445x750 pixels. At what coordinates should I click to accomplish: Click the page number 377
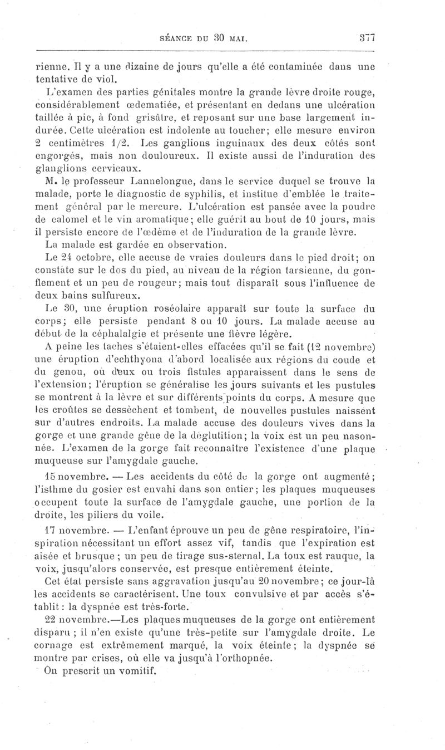(368, 38)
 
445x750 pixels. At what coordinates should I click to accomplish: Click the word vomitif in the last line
(137, 670)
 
